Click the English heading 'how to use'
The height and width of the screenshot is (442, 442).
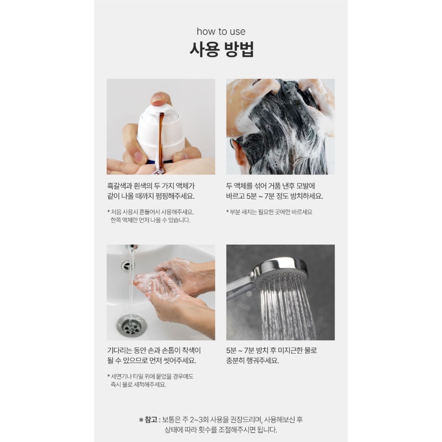click(221, 31)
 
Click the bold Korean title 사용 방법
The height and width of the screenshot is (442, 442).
click(221, 49)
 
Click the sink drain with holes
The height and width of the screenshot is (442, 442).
click(131, 325)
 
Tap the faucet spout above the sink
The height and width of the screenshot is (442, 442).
click(132, 247)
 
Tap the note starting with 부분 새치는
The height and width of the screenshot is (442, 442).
click(269, 212)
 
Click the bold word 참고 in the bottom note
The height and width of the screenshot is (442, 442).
click(151, 420)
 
